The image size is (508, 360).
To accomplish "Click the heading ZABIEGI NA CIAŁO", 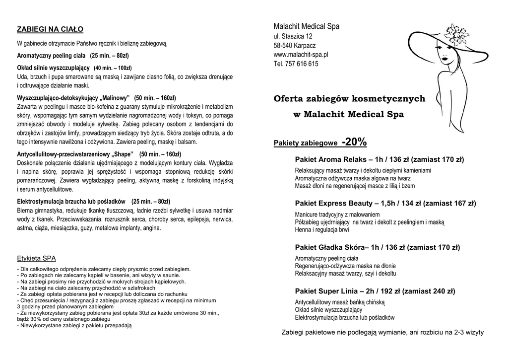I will tap(50, 29).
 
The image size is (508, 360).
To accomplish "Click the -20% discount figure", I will tap(354, 143).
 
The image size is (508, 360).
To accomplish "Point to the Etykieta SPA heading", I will tap(36, 258).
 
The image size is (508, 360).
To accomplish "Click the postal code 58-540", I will tap(284, 46).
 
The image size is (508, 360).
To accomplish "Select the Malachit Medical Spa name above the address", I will tap(306, 26).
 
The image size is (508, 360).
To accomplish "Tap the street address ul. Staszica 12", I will tap(293, 36).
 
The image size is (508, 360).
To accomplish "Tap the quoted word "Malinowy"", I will tap(114, 97).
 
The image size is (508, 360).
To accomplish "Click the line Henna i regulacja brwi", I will tap(321, 230).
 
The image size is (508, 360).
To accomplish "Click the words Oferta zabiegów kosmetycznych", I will tap(349, 99).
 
